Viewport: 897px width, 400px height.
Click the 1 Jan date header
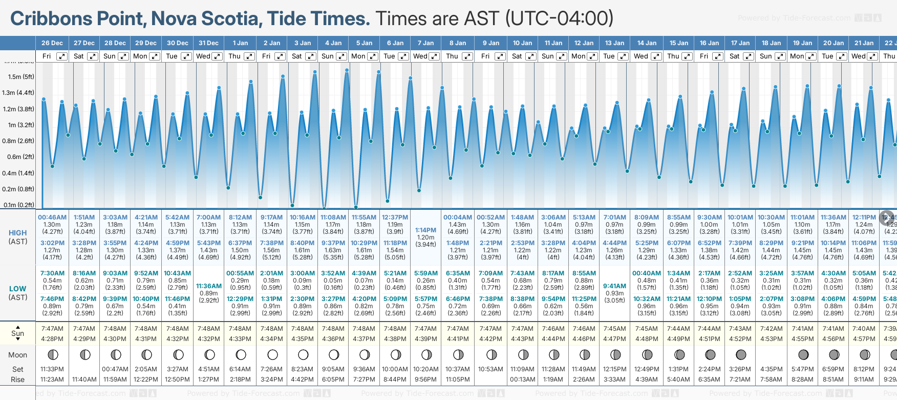pyautogui.click(x=240, y=43)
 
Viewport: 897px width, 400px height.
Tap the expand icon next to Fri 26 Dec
pyautogui.click(x=61, y=56)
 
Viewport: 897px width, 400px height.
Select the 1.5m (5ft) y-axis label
pyautogui.click(x=21, y=77)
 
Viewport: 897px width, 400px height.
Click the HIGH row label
pyautogui.click(x=18, y=233)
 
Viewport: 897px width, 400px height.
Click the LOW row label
pyautogui.click(x=18, y=289)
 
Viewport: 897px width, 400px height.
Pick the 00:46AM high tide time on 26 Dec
pyautogui.click(x=52, y=217)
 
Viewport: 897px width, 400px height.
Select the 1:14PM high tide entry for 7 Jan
pyautogui.click(x=426, y=230)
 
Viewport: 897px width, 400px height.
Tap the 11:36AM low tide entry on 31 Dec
pyautogui.click(x=209, y=286)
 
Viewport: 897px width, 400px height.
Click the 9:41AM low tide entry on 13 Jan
pyautogui.click(x=614, y=286)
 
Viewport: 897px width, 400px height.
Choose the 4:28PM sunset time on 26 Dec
pyautogui.click(x=52, y=339)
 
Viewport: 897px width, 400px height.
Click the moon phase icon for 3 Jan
pyautogui.click(x=303, y=354)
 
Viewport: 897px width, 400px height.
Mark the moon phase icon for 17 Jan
pyautogui.click(x=740, y=354)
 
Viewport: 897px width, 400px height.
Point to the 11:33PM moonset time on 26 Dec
pyautogui.click(x=52, y=369)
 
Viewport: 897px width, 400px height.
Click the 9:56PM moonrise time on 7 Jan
pyautogui.click(x=426, y=379)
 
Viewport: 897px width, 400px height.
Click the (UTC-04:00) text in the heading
pyautogui.click(x=559, y=18)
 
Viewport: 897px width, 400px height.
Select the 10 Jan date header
pyautogui.click(x=523, y=43)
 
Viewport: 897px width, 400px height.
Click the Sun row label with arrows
pyautogui.click(x=18, y=333)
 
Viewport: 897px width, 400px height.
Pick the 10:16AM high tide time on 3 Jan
pyautogui.click(x=303, y=217)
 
